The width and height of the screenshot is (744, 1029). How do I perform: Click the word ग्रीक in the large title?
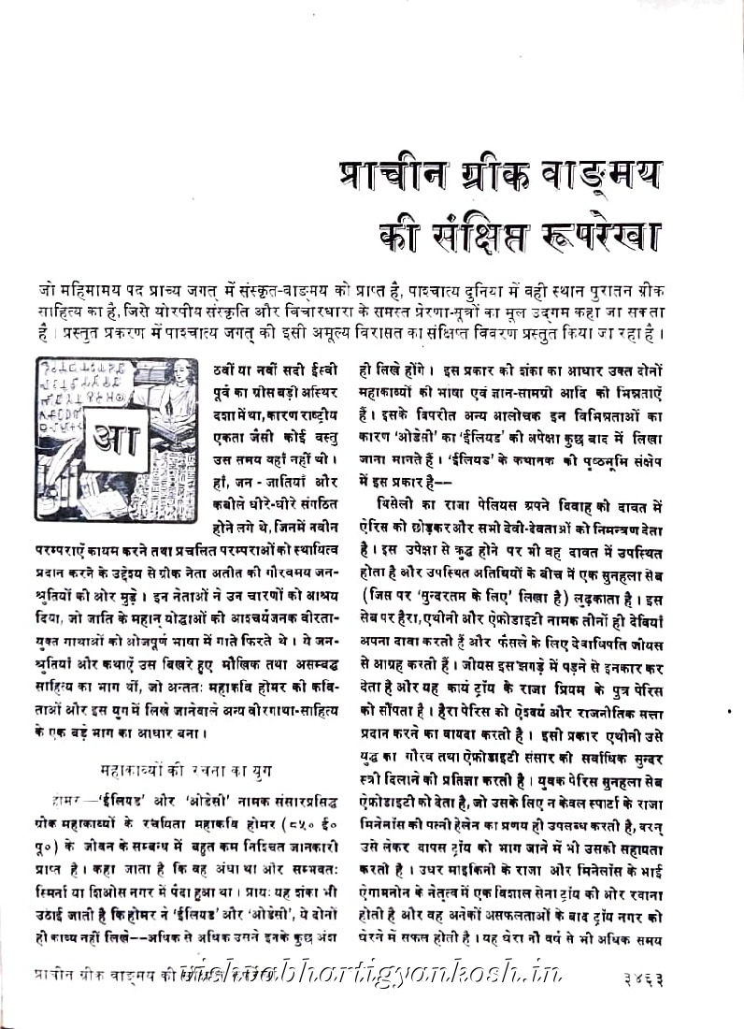point(472,175)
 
